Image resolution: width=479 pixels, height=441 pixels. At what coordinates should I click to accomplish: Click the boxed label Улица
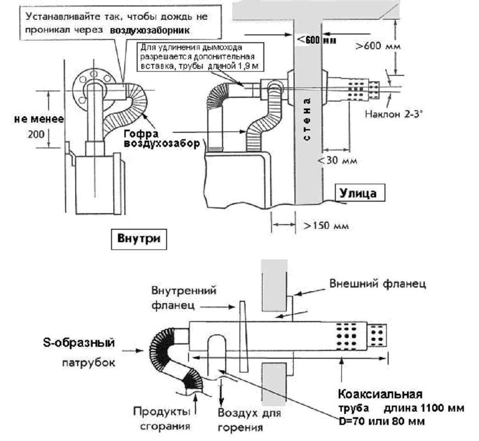358,193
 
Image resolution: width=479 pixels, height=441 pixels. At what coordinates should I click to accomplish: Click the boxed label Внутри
139,238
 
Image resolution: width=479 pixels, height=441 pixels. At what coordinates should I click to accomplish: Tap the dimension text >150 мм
326,226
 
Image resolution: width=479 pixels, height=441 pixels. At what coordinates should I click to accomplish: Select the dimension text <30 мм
337,160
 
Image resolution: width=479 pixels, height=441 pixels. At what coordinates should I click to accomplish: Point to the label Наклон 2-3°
394,114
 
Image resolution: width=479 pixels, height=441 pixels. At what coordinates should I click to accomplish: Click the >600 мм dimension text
378,46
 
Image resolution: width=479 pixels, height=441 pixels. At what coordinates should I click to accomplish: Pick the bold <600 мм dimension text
317,40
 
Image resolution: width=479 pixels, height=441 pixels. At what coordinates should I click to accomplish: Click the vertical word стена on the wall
307,119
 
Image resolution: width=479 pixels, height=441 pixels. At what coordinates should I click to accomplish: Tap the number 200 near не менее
36,134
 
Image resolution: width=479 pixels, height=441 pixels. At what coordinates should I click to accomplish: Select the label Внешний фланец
378,284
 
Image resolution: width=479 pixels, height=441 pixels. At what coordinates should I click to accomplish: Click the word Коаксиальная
380,394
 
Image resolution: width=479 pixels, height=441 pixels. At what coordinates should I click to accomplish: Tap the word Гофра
141,134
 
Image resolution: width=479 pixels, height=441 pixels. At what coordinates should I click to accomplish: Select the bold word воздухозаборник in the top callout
150,31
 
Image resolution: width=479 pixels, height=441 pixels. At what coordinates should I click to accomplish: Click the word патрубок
89,363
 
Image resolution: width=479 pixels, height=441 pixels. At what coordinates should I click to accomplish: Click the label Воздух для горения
249,419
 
